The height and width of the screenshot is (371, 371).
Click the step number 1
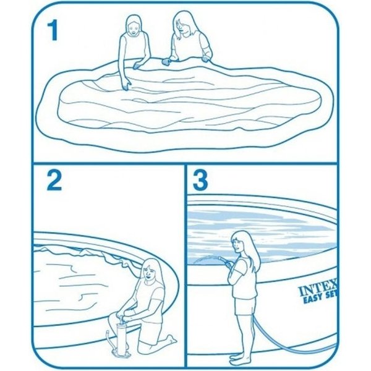tap(53, 30)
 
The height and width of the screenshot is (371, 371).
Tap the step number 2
tap(54, 181)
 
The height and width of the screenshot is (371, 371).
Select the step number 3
tap(200, 181)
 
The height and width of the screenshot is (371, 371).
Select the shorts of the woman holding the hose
tap(245, 306)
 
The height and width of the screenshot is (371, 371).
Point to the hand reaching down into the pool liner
tap(126, 85)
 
